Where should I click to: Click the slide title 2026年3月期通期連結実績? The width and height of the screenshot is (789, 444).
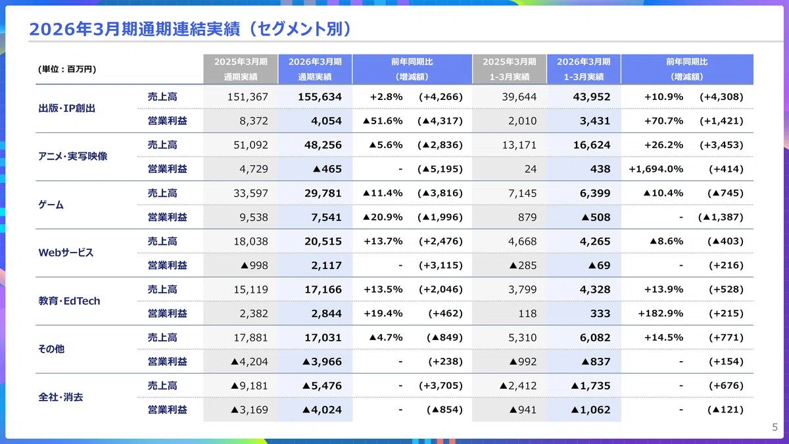[135, 29]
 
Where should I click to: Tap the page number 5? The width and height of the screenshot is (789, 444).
[775, 428]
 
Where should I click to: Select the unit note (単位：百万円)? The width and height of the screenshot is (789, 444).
[67, 69]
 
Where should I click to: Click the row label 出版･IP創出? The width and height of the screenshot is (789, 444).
[66, 108]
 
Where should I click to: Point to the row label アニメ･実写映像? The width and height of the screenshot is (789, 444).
[72, 156]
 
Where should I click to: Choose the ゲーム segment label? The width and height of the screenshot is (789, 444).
[51, 205]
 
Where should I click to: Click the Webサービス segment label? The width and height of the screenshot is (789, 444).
[66, 253]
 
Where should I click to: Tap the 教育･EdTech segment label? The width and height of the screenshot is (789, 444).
[69, 301]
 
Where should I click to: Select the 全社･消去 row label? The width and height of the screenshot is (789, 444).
[60, 397]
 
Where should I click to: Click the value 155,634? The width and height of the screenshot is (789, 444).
[320, 97]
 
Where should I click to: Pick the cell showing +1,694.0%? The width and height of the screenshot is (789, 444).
[656, 169]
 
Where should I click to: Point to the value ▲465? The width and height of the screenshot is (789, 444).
[327, 169]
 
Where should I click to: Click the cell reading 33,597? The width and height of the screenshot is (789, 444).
[251, 193]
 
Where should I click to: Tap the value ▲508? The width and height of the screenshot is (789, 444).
[596, 218]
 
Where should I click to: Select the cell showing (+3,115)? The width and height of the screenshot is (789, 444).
[441, 265]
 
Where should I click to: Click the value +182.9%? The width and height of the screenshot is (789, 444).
[660, 314]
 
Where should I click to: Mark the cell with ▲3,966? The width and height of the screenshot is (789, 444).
[322, 362]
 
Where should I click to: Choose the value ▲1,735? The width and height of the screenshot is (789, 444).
[590, 386]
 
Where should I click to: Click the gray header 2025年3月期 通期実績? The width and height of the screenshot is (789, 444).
[241, 69]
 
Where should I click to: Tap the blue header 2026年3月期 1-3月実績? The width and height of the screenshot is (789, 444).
[584, 69]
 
